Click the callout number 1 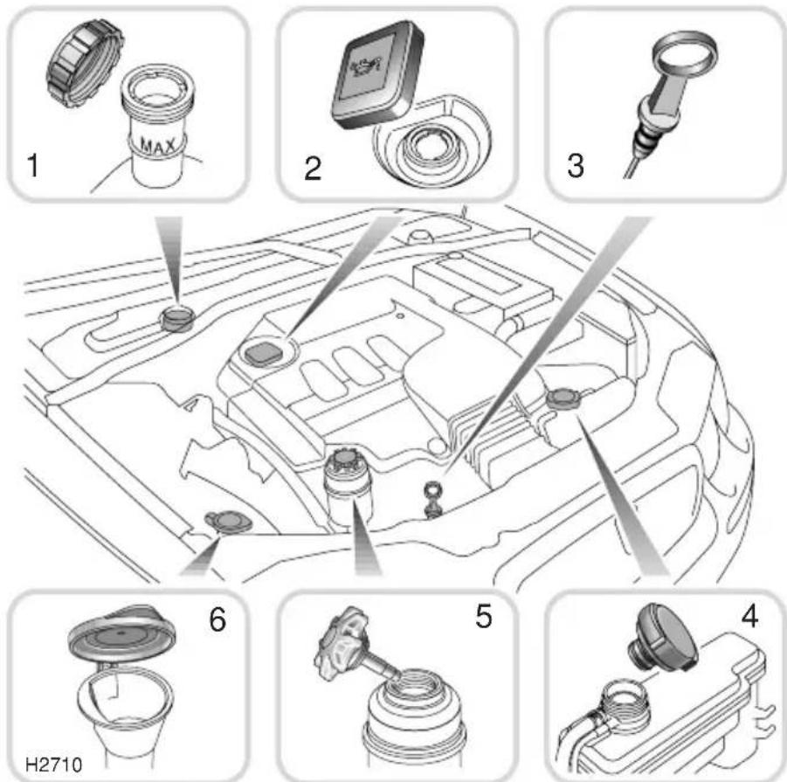[33, 166]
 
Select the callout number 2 [313, 168]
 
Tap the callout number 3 [576, 166]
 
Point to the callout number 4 [749, 616]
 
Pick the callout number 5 [483, 616]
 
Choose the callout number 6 [217, 619]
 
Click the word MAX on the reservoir [157, 146]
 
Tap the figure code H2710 [53, 765]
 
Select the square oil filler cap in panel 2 [377, 74]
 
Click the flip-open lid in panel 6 [121, 633]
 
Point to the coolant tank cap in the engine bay [563, 399]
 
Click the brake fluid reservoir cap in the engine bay [177, 319]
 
